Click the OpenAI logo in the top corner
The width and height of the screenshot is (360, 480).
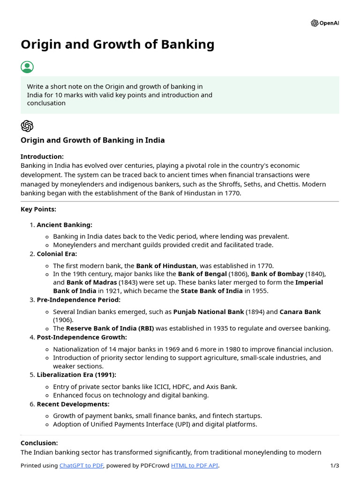[324, 23]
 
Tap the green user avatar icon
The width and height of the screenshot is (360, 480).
[27, 67]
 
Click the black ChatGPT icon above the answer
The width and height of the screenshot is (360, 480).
[27, 126]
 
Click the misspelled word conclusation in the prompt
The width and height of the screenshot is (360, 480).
[46, 103]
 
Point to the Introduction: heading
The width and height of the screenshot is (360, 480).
[42, 157]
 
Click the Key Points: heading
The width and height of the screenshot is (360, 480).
[38, 209]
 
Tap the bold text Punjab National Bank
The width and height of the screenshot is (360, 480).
[209, 312]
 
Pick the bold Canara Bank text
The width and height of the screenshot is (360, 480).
[300, 312]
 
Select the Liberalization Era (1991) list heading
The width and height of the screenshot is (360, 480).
[76, 375]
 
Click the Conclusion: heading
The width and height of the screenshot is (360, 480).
[39, 442]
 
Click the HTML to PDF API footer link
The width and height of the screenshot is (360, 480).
[195, 465]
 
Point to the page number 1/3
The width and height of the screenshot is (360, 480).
[334, 465]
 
